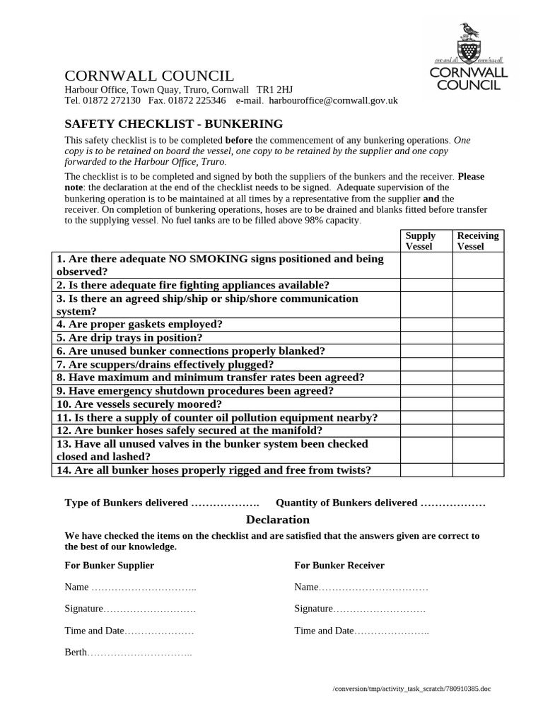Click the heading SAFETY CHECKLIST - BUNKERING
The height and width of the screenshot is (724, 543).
174,124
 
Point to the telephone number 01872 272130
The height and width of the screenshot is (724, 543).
110,100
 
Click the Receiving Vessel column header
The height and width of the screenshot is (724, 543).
478,241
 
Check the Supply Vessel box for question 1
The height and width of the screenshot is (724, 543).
426,265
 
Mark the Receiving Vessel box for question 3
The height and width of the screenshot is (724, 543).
478,305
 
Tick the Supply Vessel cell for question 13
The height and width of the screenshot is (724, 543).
426,450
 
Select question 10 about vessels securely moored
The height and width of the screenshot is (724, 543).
139,404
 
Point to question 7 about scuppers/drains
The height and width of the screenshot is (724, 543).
165,364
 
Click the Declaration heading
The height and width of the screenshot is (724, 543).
277,520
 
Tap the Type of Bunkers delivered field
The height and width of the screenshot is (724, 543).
225,503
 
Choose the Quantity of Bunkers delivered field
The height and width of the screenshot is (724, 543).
452,503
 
